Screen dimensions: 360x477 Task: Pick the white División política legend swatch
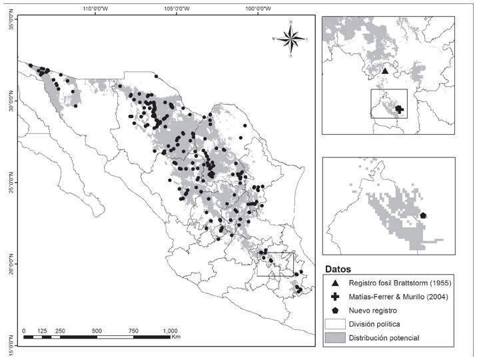pyautogui.click(x=334, y=324)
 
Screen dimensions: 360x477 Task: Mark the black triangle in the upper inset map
pyautogui.click(x=384, y=71)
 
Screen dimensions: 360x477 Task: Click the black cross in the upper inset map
pyautogui.click(x=399, y=109)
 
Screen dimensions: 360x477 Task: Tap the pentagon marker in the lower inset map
pyautogui.click(x=424, y=215)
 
